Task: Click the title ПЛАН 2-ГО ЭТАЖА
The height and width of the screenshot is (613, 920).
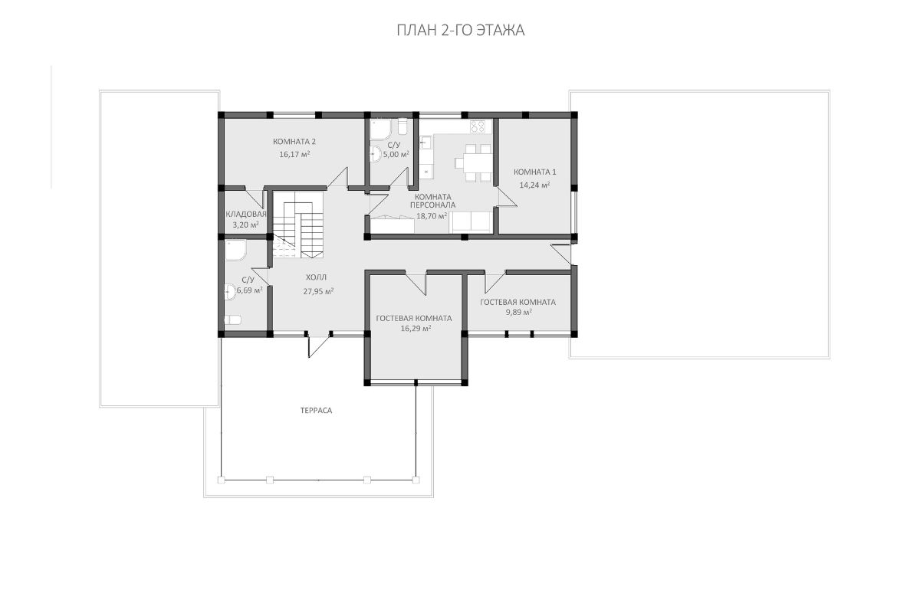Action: [461, 31]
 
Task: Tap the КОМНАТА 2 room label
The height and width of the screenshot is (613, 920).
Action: [294, 142]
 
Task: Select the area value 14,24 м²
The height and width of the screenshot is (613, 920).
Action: [534, 185]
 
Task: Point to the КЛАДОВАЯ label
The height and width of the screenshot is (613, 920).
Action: [246, 214]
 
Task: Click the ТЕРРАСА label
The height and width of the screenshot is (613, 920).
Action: [316, 410]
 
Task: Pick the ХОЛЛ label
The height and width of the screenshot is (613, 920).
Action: [316, 277]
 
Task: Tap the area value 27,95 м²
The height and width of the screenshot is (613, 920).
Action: [318, 291]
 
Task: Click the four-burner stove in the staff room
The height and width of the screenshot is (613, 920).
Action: [478, 126]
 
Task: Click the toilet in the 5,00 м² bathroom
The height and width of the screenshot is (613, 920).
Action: [402, 126]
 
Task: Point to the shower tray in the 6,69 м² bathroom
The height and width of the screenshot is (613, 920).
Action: [235, 250]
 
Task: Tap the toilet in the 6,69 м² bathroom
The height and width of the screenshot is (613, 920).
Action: [232, 320]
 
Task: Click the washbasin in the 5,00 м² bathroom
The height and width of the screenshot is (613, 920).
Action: [375, 154]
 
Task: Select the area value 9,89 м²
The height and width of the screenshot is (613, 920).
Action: [519, 312]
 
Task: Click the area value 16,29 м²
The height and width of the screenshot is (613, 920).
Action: [416, 328]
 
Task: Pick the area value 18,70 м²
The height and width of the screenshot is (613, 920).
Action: [432, 215]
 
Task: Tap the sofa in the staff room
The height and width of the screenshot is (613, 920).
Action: [471, 221]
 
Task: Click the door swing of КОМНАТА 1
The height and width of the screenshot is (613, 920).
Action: [508, 197]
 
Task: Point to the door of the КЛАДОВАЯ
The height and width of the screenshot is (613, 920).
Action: [255, 198]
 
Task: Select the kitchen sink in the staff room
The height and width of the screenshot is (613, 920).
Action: [424, 143]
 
